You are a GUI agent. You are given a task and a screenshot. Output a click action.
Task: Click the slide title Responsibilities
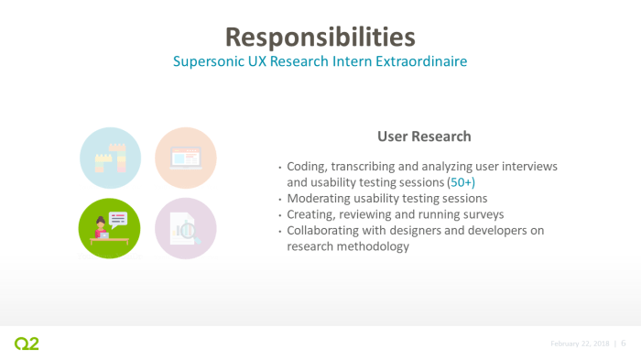(320, 37)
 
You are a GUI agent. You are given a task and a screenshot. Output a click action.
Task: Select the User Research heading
(424, 136)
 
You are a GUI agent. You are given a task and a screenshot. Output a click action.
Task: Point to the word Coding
(307, 167)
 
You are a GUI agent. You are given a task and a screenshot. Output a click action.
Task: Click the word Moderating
(321, 198)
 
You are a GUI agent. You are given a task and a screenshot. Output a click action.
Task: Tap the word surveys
(479, 213)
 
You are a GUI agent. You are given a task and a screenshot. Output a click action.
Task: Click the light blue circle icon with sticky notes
(111, 158)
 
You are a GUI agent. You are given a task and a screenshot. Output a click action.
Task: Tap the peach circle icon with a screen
(185, 158)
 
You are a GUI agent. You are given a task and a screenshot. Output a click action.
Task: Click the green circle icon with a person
(111, 228)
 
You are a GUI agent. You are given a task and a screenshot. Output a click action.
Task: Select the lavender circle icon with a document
(185, 228)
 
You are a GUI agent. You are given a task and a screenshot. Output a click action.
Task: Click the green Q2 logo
(27, 344)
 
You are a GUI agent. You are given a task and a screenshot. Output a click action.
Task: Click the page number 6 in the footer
(624, 344)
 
